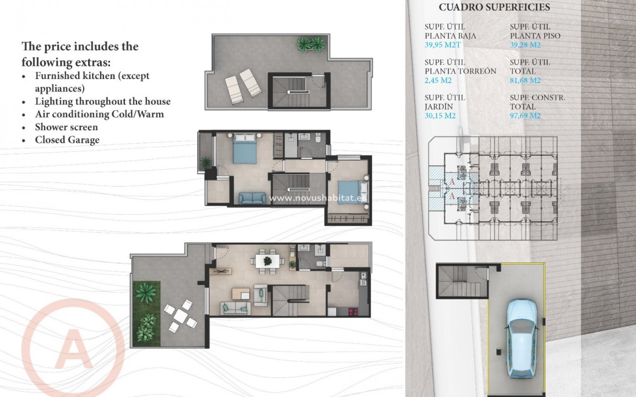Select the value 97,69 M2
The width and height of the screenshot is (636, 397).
(525, 115)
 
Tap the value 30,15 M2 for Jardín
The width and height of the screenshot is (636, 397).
(440, 115)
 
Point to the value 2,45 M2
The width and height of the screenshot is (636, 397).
(438, 80)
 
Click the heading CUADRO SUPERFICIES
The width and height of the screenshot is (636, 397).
(494, 7)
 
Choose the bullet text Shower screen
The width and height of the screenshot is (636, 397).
(66, 127)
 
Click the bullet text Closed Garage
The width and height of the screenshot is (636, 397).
(67, 140)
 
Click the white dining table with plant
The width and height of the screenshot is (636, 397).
(267, 261)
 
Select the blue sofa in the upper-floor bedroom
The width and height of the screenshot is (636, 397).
(252, 198)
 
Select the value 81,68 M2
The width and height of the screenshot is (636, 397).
(525, 80)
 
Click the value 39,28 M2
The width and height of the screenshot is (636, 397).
(525, 45)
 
